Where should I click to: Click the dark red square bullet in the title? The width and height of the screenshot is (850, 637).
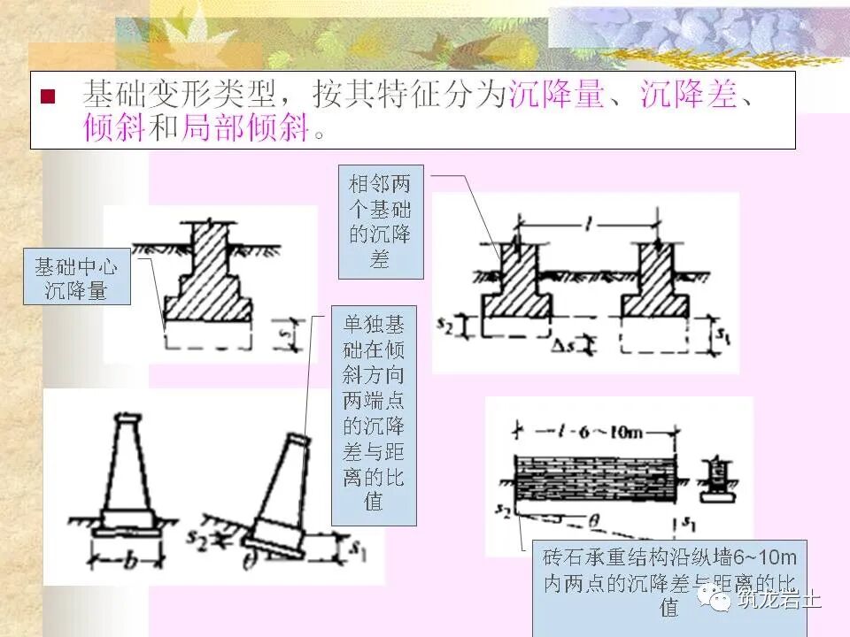tap(48, 96)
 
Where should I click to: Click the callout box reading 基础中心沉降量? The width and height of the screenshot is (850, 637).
tap(77, 278)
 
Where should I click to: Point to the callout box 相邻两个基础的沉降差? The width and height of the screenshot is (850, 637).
tap(381, 221)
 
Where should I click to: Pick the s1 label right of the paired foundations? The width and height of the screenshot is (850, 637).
tap(723, 335)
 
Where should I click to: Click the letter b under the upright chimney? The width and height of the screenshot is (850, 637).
tap(129, 562)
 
